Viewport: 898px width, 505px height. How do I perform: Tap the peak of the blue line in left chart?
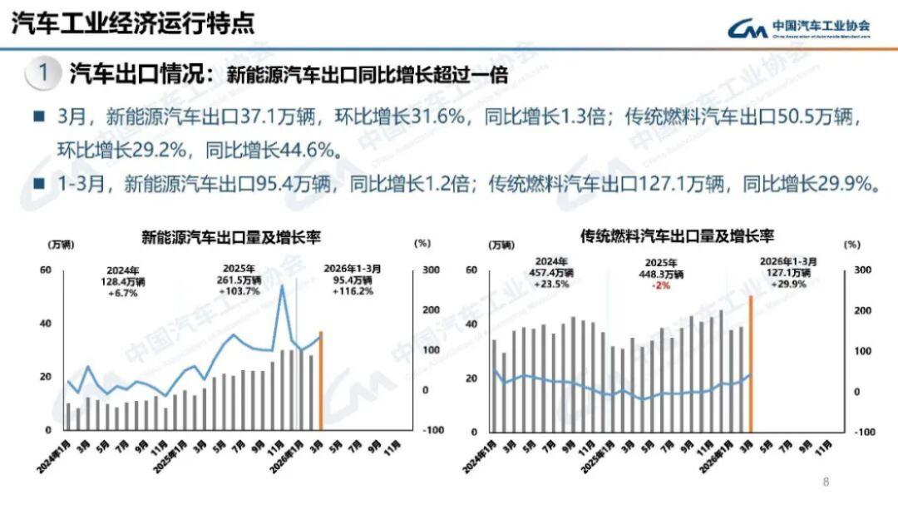coord(282,287)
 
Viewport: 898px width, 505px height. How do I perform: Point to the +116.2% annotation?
coord(353,291)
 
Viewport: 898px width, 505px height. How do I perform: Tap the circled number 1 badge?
coord(42,73)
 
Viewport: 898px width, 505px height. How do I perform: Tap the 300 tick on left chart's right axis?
coord(431,270)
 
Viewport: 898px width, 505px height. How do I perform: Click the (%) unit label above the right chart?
coord(851,245)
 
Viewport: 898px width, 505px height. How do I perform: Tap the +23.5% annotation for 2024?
coord(550,283)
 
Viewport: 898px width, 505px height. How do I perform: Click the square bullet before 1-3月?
coord(38,183)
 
